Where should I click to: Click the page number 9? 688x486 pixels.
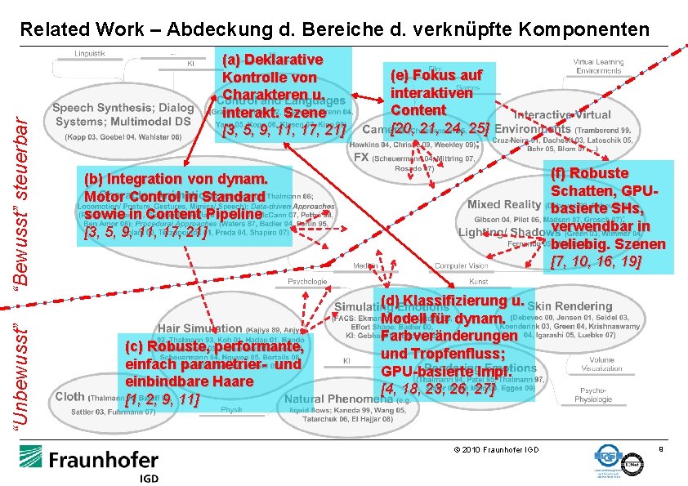pos(659,448)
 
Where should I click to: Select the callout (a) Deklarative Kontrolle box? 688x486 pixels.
pos(282,95)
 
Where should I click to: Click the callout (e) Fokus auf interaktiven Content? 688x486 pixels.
pos(441,101)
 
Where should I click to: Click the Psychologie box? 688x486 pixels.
pos(306,281)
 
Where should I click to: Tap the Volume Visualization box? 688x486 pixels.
pos(603,363)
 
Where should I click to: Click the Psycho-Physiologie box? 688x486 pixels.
pos(603,395)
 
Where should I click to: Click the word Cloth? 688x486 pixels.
pos(69,396)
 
